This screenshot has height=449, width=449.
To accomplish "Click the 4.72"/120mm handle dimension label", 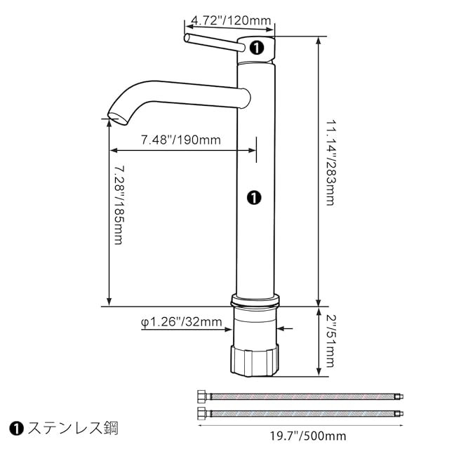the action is [231, 20].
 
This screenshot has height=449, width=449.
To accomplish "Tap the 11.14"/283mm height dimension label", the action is [330, 163].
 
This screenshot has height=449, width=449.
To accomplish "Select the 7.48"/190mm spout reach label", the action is [181, 140].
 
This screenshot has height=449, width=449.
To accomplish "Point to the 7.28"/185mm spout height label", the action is [119, 205].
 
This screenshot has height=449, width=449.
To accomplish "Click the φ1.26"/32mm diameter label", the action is [182, 322].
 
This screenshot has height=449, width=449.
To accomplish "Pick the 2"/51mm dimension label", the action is [330, 341].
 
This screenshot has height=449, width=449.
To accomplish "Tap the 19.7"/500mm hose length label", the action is [308, 436].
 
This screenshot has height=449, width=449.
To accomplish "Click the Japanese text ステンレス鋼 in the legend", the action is [73, 429].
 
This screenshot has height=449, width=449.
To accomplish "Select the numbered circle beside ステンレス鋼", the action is [16, 429].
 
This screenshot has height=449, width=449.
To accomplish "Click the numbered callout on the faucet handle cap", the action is [256, 48].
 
